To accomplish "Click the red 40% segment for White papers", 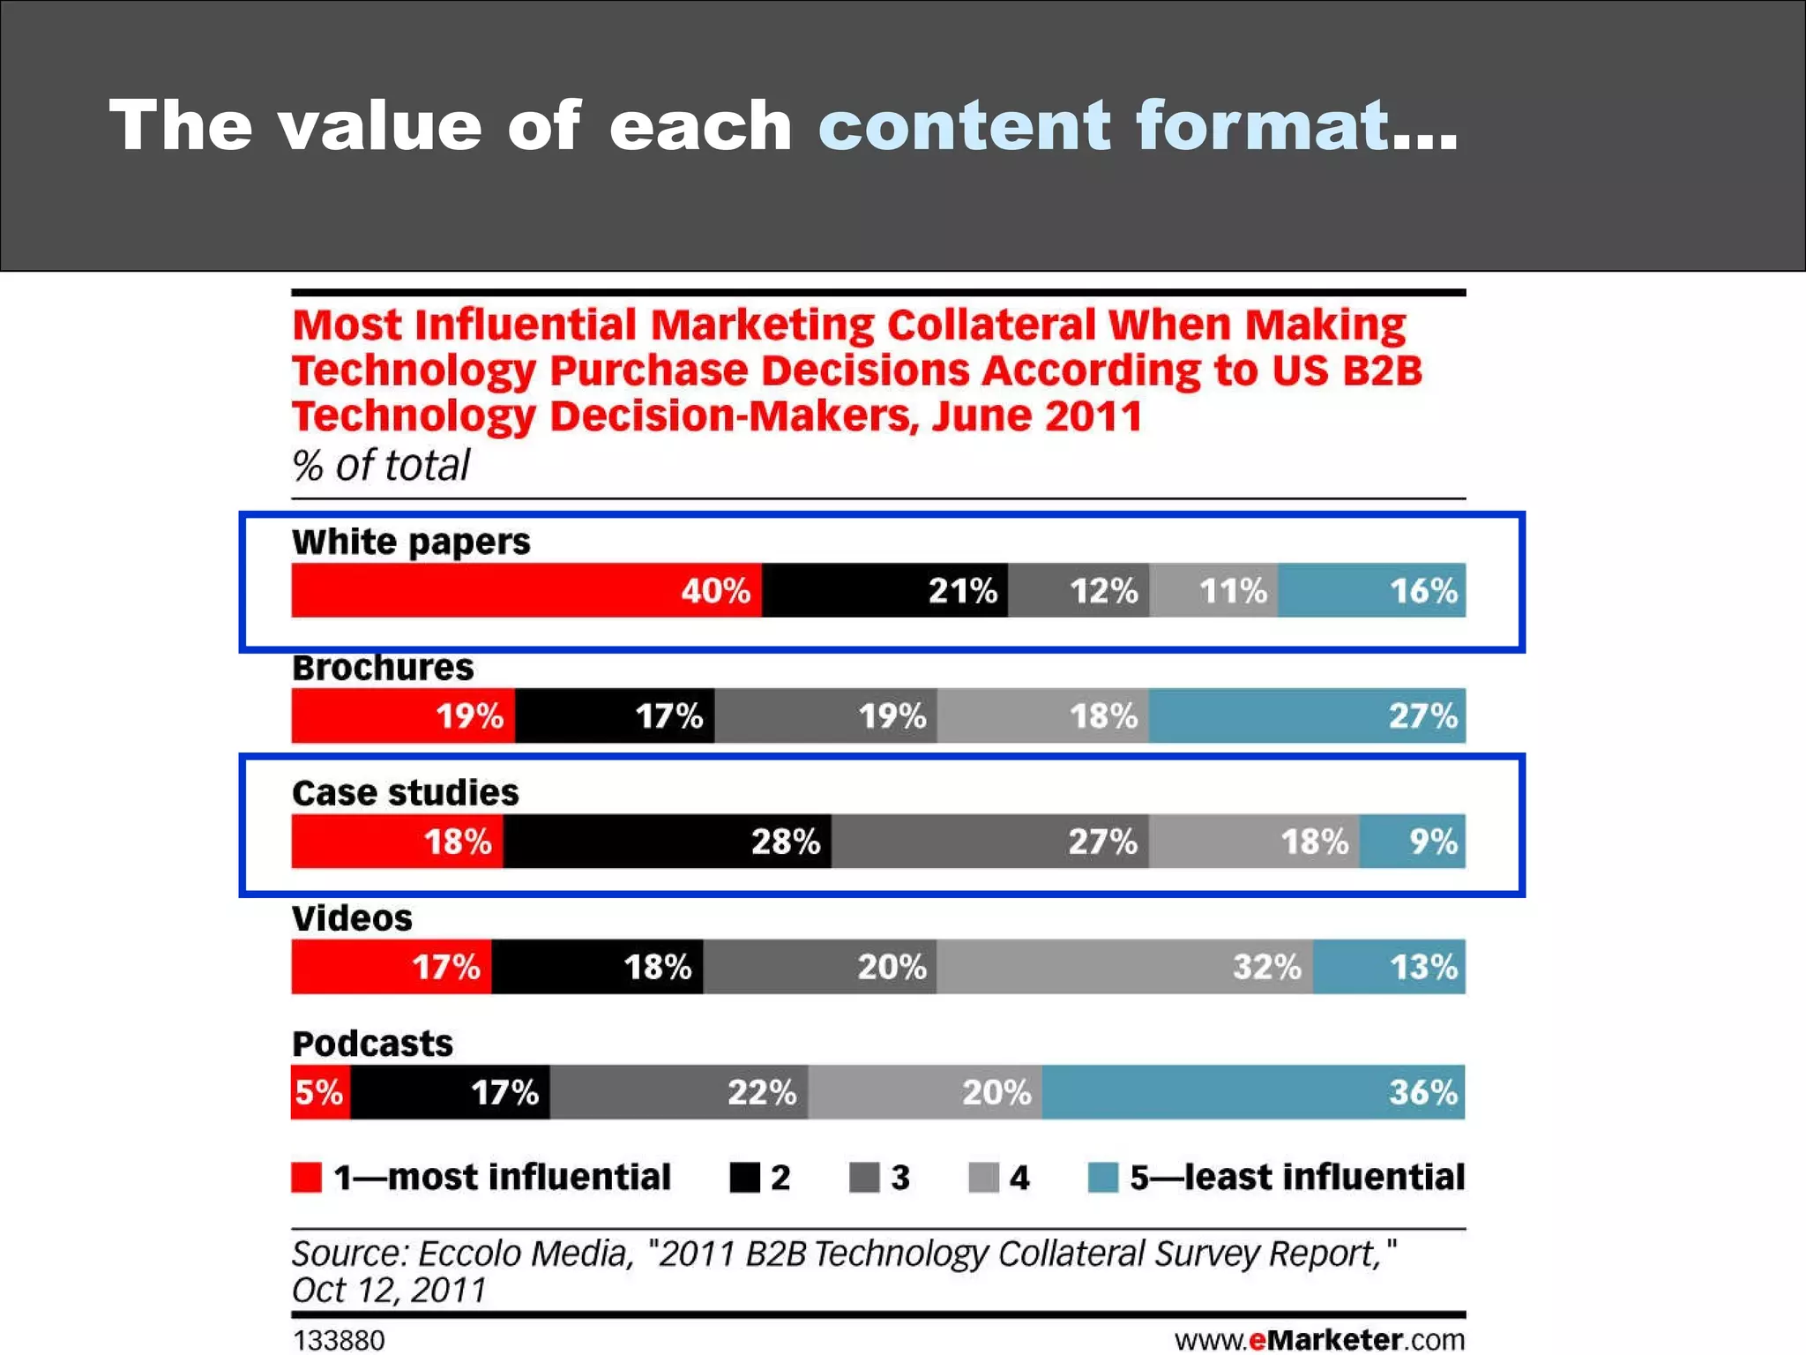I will point(526,589).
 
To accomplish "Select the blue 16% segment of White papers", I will point(1371,589).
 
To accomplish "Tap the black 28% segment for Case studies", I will point(667,841).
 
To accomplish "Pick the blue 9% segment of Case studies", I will point(1412,841).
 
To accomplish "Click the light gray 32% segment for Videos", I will point(1124,966).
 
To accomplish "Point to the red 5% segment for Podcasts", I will point(320,1091).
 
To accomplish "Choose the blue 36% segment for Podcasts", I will point(1253,1091).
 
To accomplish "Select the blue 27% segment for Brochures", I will point(1307,715).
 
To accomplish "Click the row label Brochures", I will point(383,668).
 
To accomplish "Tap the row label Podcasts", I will point(372,1044).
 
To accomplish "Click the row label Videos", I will point(352,918).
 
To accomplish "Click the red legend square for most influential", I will point(306,1177).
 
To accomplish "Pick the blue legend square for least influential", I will point(1102,1177).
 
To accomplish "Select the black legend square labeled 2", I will point(745,1177).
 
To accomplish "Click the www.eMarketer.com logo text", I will point(1319,1340).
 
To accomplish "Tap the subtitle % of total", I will point(381,465).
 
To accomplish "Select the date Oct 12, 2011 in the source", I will point(389,1290).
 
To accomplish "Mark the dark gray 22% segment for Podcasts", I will point(679,1091).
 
